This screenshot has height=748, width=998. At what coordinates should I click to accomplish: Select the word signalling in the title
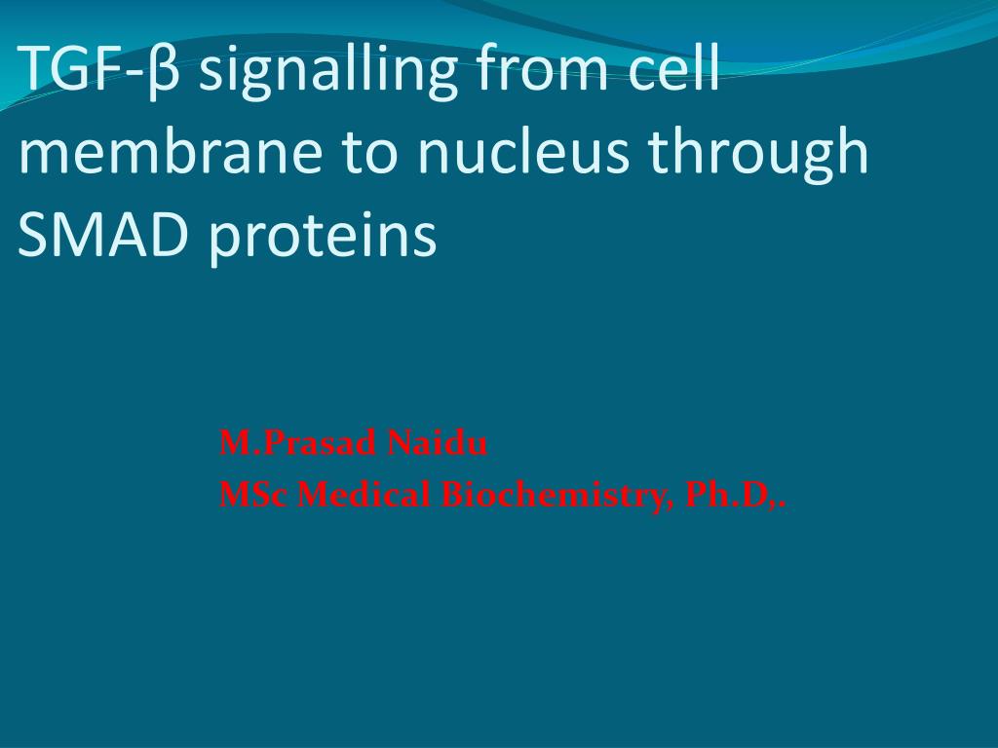pyautogui.click(x=328, y=71)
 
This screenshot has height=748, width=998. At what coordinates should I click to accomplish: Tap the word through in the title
pyautogui.click(x=758, y=155)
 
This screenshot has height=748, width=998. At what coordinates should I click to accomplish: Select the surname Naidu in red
pyautogui.click(x=437, y=443)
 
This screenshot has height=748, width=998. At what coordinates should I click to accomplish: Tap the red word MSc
pyautogui.click(x=253, y=495)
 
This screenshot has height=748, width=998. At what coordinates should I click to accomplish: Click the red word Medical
pyautogui.click(x=364, y=494)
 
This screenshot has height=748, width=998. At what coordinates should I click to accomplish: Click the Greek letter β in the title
pyautogui.click(x=164, y=71)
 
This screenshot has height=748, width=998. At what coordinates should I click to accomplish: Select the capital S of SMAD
pyautogui.click(x=34, y=233)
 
